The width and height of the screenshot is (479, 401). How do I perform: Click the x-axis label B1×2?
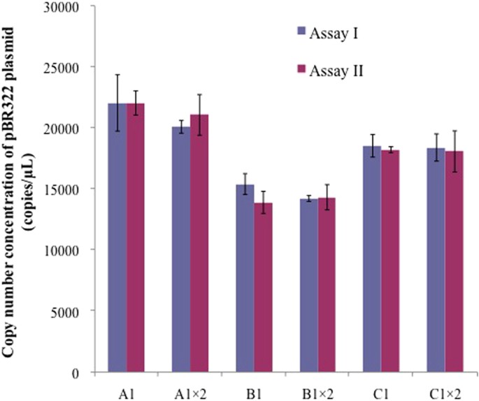pos(317,388)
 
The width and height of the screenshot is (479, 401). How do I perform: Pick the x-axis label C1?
pos(381,388)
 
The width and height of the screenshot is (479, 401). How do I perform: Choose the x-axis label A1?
pos(127,388)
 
